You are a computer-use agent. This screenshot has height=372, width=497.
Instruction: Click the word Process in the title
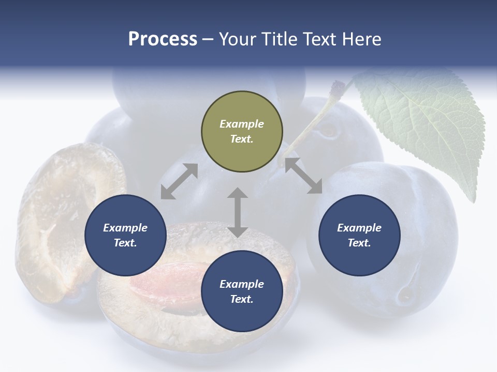click(163, 39)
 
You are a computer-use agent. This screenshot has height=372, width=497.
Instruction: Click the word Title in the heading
click(275, 39)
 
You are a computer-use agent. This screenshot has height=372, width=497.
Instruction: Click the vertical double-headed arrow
click(238, 212)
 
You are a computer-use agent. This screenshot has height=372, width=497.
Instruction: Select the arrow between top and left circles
click(179, 181)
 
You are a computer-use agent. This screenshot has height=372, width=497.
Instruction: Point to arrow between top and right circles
click(303, 176)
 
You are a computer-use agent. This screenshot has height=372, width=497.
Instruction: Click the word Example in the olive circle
click(242, 124)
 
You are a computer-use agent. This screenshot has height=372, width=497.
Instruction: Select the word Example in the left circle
click(125, 228)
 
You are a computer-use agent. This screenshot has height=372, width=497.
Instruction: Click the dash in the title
click(208, 39)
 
